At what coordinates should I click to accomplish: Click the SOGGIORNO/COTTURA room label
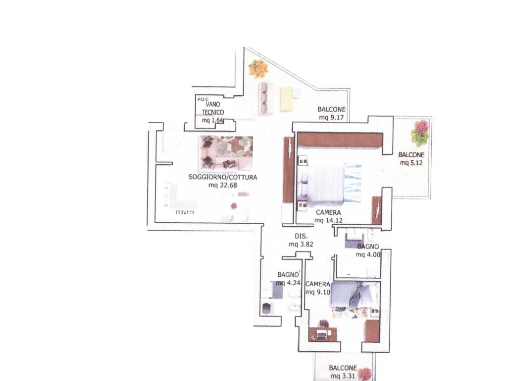click(223, 177)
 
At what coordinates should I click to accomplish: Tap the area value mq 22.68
click(223, 186)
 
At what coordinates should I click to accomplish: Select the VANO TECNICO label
click(213, 108)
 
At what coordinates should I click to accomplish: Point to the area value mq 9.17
click(331, 118)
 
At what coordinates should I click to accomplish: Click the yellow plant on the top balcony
click(258, 68)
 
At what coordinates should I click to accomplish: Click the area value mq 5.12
click(411, 163)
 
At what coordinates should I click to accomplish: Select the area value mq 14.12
click(329, 221)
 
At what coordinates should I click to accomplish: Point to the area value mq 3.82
click(301, 245)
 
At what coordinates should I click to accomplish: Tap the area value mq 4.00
click(368, 254)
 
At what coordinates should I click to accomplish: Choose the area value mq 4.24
click(288, 283)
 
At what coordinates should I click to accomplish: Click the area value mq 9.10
click(318, 292)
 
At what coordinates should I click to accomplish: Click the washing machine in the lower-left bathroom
click(266, 309)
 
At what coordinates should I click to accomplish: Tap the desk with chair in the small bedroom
click(323, 331)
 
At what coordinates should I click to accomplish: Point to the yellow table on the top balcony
click(287, 99)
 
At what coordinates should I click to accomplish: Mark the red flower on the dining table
click(234, 206)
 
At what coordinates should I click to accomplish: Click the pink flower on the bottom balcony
click(365, 374)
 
